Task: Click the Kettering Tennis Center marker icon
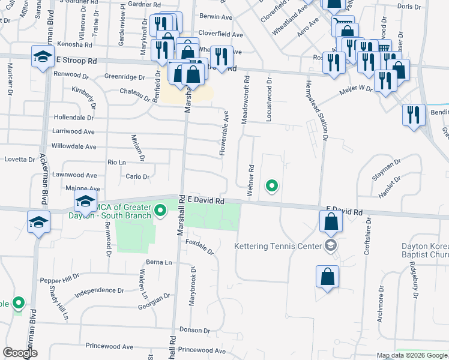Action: coord(330,245)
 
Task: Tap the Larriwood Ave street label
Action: coord(73,131)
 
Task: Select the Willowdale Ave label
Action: coord(74,146)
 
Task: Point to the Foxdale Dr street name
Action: coord(200,248)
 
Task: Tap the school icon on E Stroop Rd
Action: coord(43,58)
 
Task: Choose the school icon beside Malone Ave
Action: coord(85,201)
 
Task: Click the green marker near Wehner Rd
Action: coord(272,186)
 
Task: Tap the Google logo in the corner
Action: coord(20,353)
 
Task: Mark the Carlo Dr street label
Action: coord(137,176)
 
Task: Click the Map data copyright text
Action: coord(411,355)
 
